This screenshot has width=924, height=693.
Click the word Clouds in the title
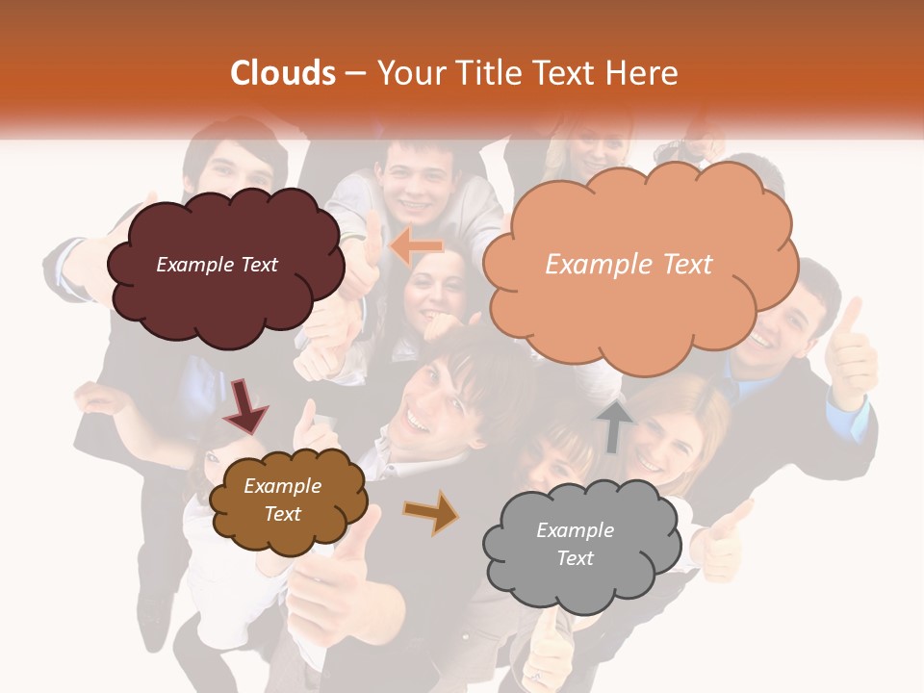pos(284,73)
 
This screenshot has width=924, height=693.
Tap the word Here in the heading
pos(642,73)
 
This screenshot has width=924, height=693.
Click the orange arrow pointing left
pos(416,247)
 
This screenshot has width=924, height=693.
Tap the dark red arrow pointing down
pos(245,405)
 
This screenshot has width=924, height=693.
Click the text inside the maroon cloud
pos(218,265)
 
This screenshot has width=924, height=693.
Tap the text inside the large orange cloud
pos(629,265)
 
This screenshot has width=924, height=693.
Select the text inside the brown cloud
pos(283,500)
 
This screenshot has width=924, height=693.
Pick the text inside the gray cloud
pos(575,544)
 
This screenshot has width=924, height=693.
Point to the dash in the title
pos(355,73)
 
